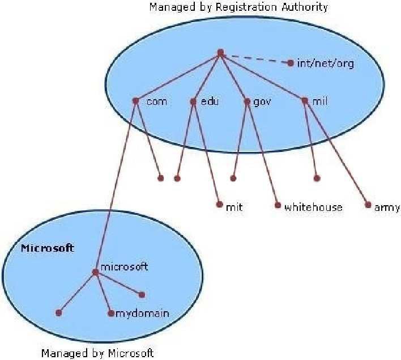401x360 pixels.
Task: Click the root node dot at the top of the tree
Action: tap(220, 53)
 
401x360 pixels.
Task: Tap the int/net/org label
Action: tap(326, 63)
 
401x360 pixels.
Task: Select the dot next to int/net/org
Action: tap(290, 63)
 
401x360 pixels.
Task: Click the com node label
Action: tap(157, 102)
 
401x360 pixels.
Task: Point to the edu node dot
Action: tap(193, 101)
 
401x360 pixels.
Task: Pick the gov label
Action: tap(262, 102)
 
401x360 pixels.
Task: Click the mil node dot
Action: tap(305, 100)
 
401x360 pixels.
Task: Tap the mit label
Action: tap(234, 207)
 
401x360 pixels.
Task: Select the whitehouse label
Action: tap(313, 207)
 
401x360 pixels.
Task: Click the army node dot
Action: tap(368, 205)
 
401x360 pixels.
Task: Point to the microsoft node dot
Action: tap(95, 272)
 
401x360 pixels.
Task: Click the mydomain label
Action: tap(143, 314)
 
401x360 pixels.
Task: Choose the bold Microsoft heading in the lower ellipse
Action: tap(48, 248)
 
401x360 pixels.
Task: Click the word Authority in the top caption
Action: tap(305, 7)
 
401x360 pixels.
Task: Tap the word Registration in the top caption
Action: tap(246, 7)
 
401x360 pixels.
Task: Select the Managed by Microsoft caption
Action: tap(97, 353)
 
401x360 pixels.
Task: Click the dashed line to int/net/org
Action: tap(255, 58)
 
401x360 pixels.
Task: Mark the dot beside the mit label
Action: tap(219, 204)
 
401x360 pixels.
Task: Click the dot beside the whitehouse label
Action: tap(278, 205)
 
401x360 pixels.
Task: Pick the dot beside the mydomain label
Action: tap(111, 313)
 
